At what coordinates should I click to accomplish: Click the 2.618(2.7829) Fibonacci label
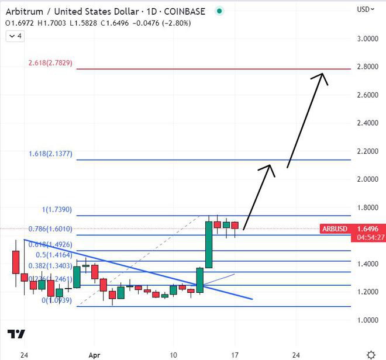pos(50,63)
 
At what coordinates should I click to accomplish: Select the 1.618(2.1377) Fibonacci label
pos(50,154)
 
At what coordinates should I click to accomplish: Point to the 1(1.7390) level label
pos(57,209)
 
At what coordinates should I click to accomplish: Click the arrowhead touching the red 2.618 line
pos(322,75)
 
